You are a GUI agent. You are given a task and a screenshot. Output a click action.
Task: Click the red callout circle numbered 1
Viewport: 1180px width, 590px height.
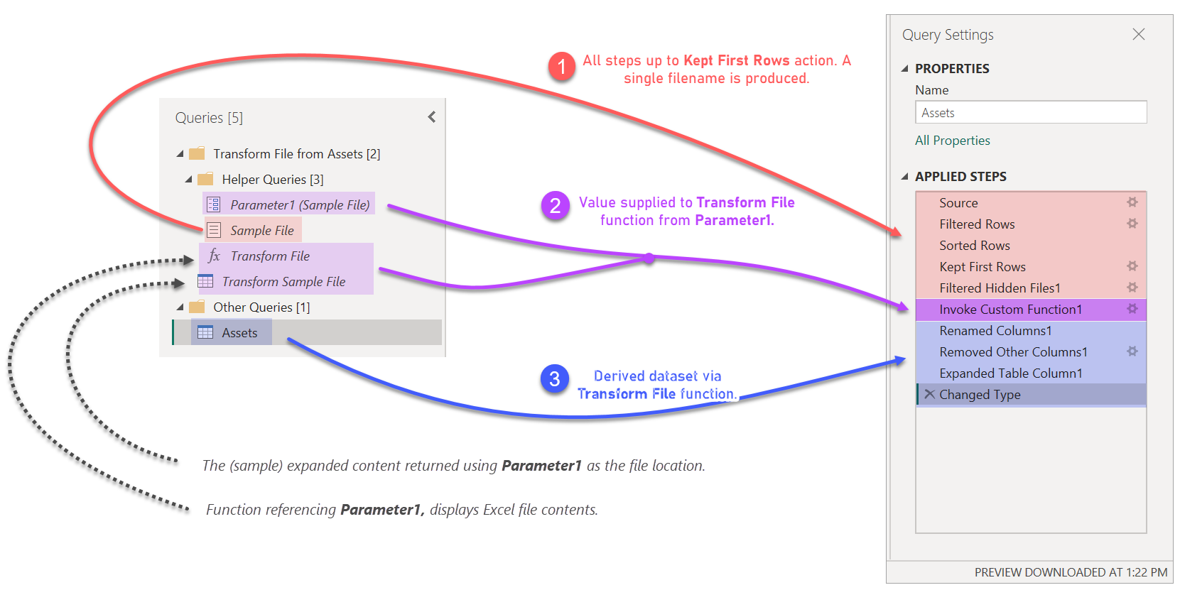tap(561, 67)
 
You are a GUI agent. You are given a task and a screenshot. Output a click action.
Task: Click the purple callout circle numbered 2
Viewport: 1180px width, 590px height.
tap(555, 207)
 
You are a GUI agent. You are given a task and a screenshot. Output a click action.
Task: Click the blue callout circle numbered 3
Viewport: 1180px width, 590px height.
tap(554, 380)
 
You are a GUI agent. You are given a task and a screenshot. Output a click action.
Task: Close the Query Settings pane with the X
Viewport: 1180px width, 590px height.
tap(1138, 34)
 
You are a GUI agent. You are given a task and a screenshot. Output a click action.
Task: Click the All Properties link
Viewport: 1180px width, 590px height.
tap(952, 141)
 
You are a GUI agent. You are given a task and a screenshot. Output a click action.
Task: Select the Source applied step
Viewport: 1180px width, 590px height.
tap(958, 203)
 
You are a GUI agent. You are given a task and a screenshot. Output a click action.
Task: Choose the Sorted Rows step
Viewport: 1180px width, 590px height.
tap(974, 246)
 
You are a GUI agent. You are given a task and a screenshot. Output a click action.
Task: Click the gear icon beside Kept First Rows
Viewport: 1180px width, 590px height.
tap(1132, 266)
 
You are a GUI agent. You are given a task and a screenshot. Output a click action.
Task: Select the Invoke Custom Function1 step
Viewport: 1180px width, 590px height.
tap(1010, 310)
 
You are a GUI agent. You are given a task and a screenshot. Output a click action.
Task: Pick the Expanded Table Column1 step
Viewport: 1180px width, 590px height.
tap(1010, 373)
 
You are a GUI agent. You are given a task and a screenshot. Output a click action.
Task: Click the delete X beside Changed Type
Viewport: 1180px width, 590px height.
tap(929, 394)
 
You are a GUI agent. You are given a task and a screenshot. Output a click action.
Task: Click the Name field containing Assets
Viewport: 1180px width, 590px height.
tap(1030, 113)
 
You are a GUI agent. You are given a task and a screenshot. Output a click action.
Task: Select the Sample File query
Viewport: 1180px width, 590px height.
tap(261, 231)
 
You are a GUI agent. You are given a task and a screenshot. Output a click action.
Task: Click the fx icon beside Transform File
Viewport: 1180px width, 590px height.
tap(214, 256)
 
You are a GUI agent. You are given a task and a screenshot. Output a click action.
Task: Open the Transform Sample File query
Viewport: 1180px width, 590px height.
tap(283, 282)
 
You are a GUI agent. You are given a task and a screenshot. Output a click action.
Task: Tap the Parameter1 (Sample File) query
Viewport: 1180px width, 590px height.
tap(299, 205)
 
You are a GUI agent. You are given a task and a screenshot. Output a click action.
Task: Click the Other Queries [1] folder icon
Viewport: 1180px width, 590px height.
tap(197, 307)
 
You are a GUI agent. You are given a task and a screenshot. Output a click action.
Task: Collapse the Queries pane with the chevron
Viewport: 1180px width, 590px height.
tap(432, 117)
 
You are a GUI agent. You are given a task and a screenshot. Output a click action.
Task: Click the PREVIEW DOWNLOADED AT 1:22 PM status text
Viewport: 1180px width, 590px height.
tap(1070, 572)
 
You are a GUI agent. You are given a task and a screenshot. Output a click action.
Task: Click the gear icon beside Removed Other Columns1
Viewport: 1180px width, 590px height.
tap(1132, 351)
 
